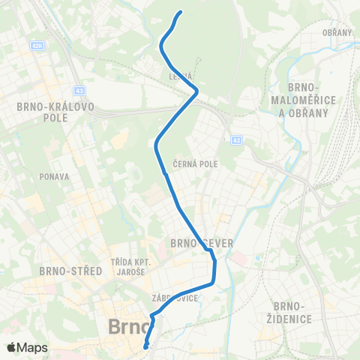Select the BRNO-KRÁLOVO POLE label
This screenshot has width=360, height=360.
(55, 112)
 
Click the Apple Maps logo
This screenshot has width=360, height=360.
(27, 347)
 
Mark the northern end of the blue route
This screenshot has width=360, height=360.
(181, 12)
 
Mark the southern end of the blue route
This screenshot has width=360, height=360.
(146, 346)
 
